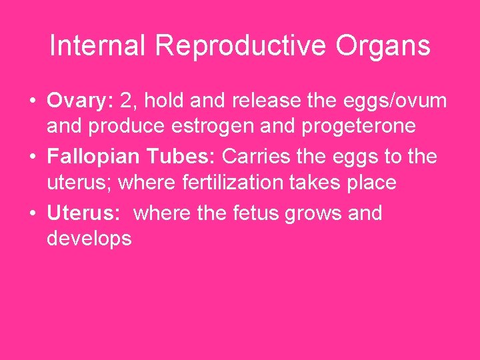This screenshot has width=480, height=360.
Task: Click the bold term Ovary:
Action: tap(81, 101)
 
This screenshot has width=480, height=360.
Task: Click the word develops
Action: tap(89, 238)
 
